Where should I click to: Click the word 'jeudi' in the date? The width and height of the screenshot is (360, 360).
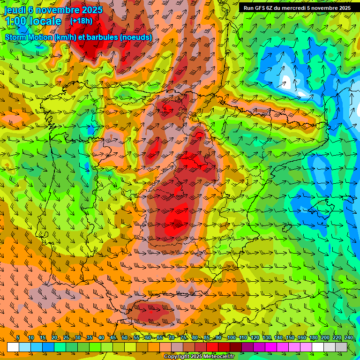point(15,10)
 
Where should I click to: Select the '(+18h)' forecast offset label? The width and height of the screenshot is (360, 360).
point(81,21)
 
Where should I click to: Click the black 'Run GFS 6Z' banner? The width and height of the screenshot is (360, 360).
point(297,8)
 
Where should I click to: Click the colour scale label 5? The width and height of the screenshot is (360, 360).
point(18,337)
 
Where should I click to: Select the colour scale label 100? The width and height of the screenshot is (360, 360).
point(231,337)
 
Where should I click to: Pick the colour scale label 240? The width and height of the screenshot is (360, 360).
point(349,337)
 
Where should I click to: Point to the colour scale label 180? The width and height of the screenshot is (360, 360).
point(314,337)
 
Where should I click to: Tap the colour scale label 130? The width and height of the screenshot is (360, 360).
point(266,337)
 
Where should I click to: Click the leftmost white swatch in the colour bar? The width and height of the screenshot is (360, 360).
point(13,347)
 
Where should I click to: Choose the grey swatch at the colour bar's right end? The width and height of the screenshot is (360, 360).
point(341,347)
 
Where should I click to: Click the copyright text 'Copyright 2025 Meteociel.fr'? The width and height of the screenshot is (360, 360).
point(199,356)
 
